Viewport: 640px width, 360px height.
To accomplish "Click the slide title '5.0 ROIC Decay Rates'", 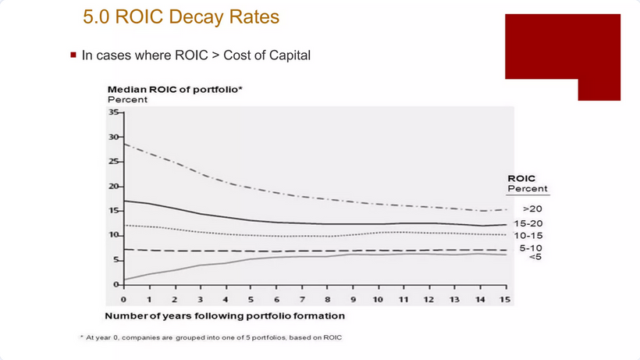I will [180, 16].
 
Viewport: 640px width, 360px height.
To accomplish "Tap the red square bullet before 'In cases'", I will [73, 55].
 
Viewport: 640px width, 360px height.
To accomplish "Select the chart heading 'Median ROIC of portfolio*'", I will [175, 90].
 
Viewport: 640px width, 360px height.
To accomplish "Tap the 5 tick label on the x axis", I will [251, 300].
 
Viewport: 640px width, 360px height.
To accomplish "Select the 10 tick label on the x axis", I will [378, 300].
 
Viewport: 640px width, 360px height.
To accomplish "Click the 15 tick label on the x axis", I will [505, 300].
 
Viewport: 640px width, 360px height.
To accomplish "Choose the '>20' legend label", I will [532, 209].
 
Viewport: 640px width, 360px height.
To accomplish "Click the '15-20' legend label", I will [532, 223].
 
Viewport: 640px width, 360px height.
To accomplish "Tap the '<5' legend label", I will [535, 256].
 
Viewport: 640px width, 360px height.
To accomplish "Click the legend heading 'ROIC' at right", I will [521, 178].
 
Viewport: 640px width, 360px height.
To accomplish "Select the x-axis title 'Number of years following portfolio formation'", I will [225, 316].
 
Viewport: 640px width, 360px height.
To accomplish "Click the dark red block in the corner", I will [562, 47].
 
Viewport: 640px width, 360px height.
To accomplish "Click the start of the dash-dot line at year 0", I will [124, 144].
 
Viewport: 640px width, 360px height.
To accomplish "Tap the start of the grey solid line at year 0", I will [124, 280].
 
